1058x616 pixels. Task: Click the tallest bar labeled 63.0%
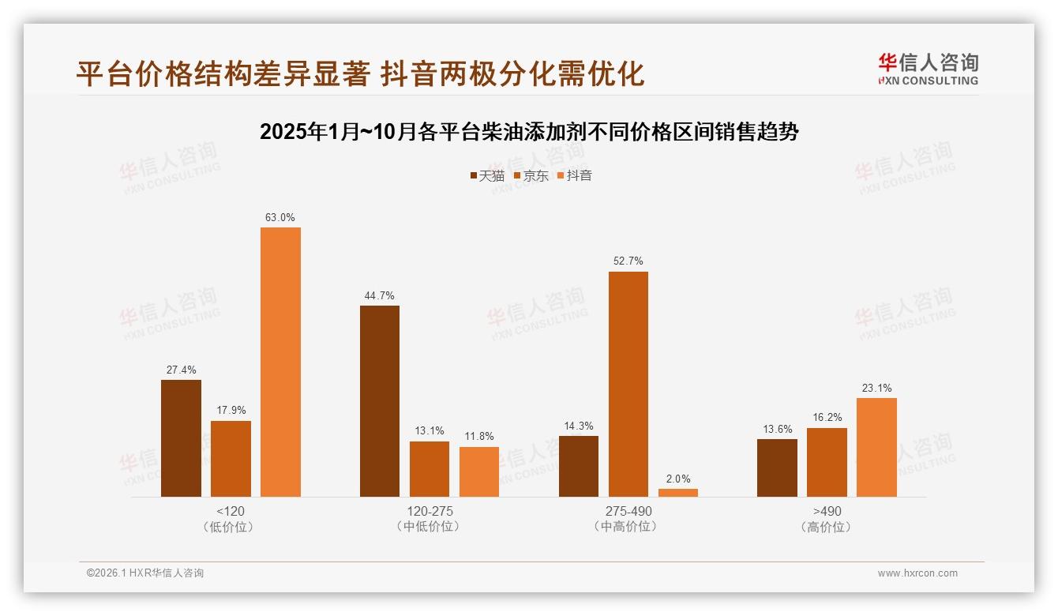click(x=280, y=362)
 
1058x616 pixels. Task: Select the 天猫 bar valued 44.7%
click(x=380, y=401)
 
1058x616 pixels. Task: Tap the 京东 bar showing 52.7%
click(x=628, y=384)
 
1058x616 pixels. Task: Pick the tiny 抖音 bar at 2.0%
click(x=678, y=493)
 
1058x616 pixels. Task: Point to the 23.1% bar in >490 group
click(x=876, y=447)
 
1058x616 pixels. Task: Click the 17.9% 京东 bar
click(x=231, y=459)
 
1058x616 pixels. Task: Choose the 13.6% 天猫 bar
click(x=777, y=468)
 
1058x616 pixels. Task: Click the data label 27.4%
click(x=181, y=370)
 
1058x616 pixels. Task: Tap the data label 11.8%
click(x=479, y=437)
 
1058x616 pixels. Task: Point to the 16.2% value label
click(x=827, y=418)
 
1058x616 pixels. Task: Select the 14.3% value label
click(x=579, y=426)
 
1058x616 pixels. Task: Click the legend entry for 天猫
click(x=487, y=175)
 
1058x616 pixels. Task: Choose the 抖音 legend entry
click(x=575, y=175)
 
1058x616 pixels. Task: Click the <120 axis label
click(x=230, y=511)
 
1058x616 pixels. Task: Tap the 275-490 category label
click(x=628, y=511)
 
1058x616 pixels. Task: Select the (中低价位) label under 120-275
click(x=430, y=527)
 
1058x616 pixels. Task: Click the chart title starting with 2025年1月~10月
click(x=529, y=131)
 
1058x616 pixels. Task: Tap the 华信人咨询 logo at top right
click(x=928, y=68)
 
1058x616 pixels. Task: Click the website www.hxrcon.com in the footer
click(x=917, y=573)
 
